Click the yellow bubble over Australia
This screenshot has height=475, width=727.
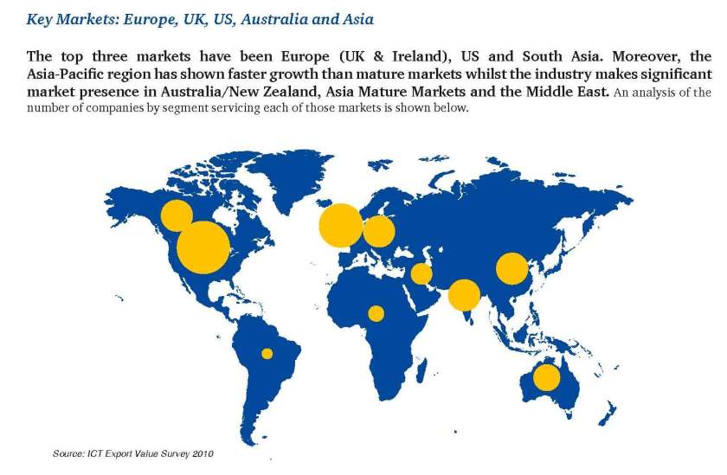pos(546,377)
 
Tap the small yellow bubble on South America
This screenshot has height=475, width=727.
pos(267,353)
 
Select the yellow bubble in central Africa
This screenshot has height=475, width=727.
pos(376,313)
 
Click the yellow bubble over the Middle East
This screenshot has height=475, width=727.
pos(421,274)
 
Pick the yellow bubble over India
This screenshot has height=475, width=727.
pos(464,295)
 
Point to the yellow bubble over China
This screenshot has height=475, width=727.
pos(511,269)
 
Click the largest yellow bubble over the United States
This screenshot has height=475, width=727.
pos(203,247)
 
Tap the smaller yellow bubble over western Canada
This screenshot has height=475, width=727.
pos(177,215)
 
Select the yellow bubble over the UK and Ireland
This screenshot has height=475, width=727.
pos(340,225)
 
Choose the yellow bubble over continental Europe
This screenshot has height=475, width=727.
pos(378,231)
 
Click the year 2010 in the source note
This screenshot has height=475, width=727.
pos(202,453)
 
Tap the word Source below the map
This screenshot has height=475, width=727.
pos(69,453)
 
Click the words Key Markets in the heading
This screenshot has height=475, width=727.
pos(61,18)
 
